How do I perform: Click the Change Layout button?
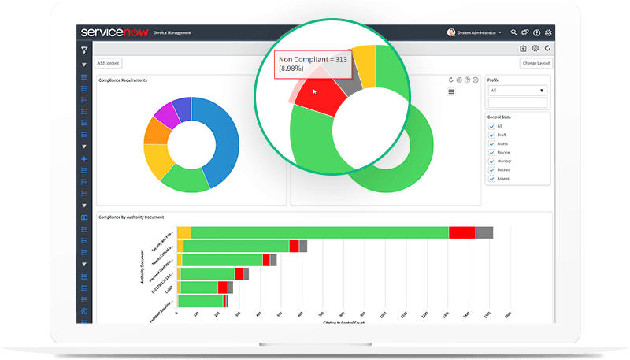(536, 63)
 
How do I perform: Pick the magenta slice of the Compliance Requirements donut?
(165, 117)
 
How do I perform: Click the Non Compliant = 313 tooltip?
(312, 64)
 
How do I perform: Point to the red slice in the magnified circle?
(323, 98)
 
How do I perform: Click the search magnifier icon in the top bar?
(513, 32)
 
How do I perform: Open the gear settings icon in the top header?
(548, 32)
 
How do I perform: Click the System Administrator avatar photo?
(451, 32)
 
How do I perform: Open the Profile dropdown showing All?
(517, 91)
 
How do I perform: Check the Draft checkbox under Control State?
(491, 135)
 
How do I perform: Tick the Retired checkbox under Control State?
(491, 169)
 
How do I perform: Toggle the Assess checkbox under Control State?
(491, 178)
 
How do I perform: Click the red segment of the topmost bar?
(462, 232)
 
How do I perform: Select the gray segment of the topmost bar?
(484, 232)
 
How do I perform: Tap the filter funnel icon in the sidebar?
(84, 50)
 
